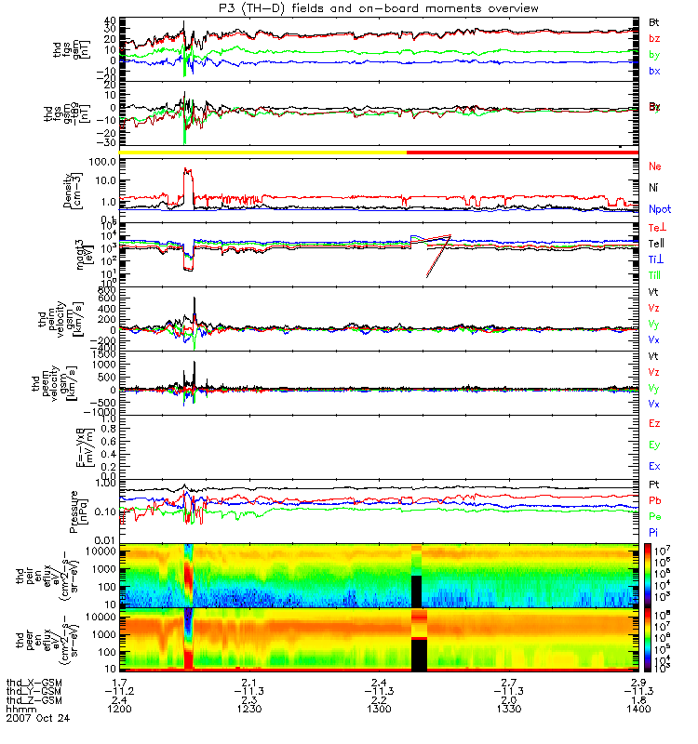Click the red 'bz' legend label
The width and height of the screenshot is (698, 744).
[654, 38]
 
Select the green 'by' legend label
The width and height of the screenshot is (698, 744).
[654, 55]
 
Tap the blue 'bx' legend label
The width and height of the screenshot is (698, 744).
[654, 72]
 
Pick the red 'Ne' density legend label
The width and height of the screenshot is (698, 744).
[655, 166]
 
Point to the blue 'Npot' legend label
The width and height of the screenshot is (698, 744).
[659, 210]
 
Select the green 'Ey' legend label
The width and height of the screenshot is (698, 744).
[654, 445]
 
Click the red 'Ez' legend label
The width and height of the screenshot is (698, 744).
[654, 423]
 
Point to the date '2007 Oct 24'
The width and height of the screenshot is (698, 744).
[37, 718]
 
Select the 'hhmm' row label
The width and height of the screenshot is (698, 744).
[19, 709]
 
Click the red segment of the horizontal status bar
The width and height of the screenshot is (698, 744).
[521, 151]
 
